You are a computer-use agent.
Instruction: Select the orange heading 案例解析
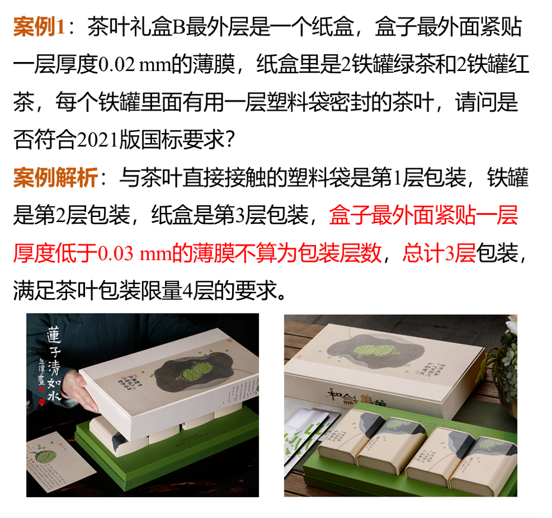(55, 179)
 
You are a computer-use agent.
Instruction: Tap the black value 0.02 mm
(131, 65)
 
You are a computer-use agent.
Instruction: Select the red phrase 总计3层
(438, 254)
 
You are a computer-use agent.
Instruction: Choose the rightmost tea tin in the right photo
(484, 459)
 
